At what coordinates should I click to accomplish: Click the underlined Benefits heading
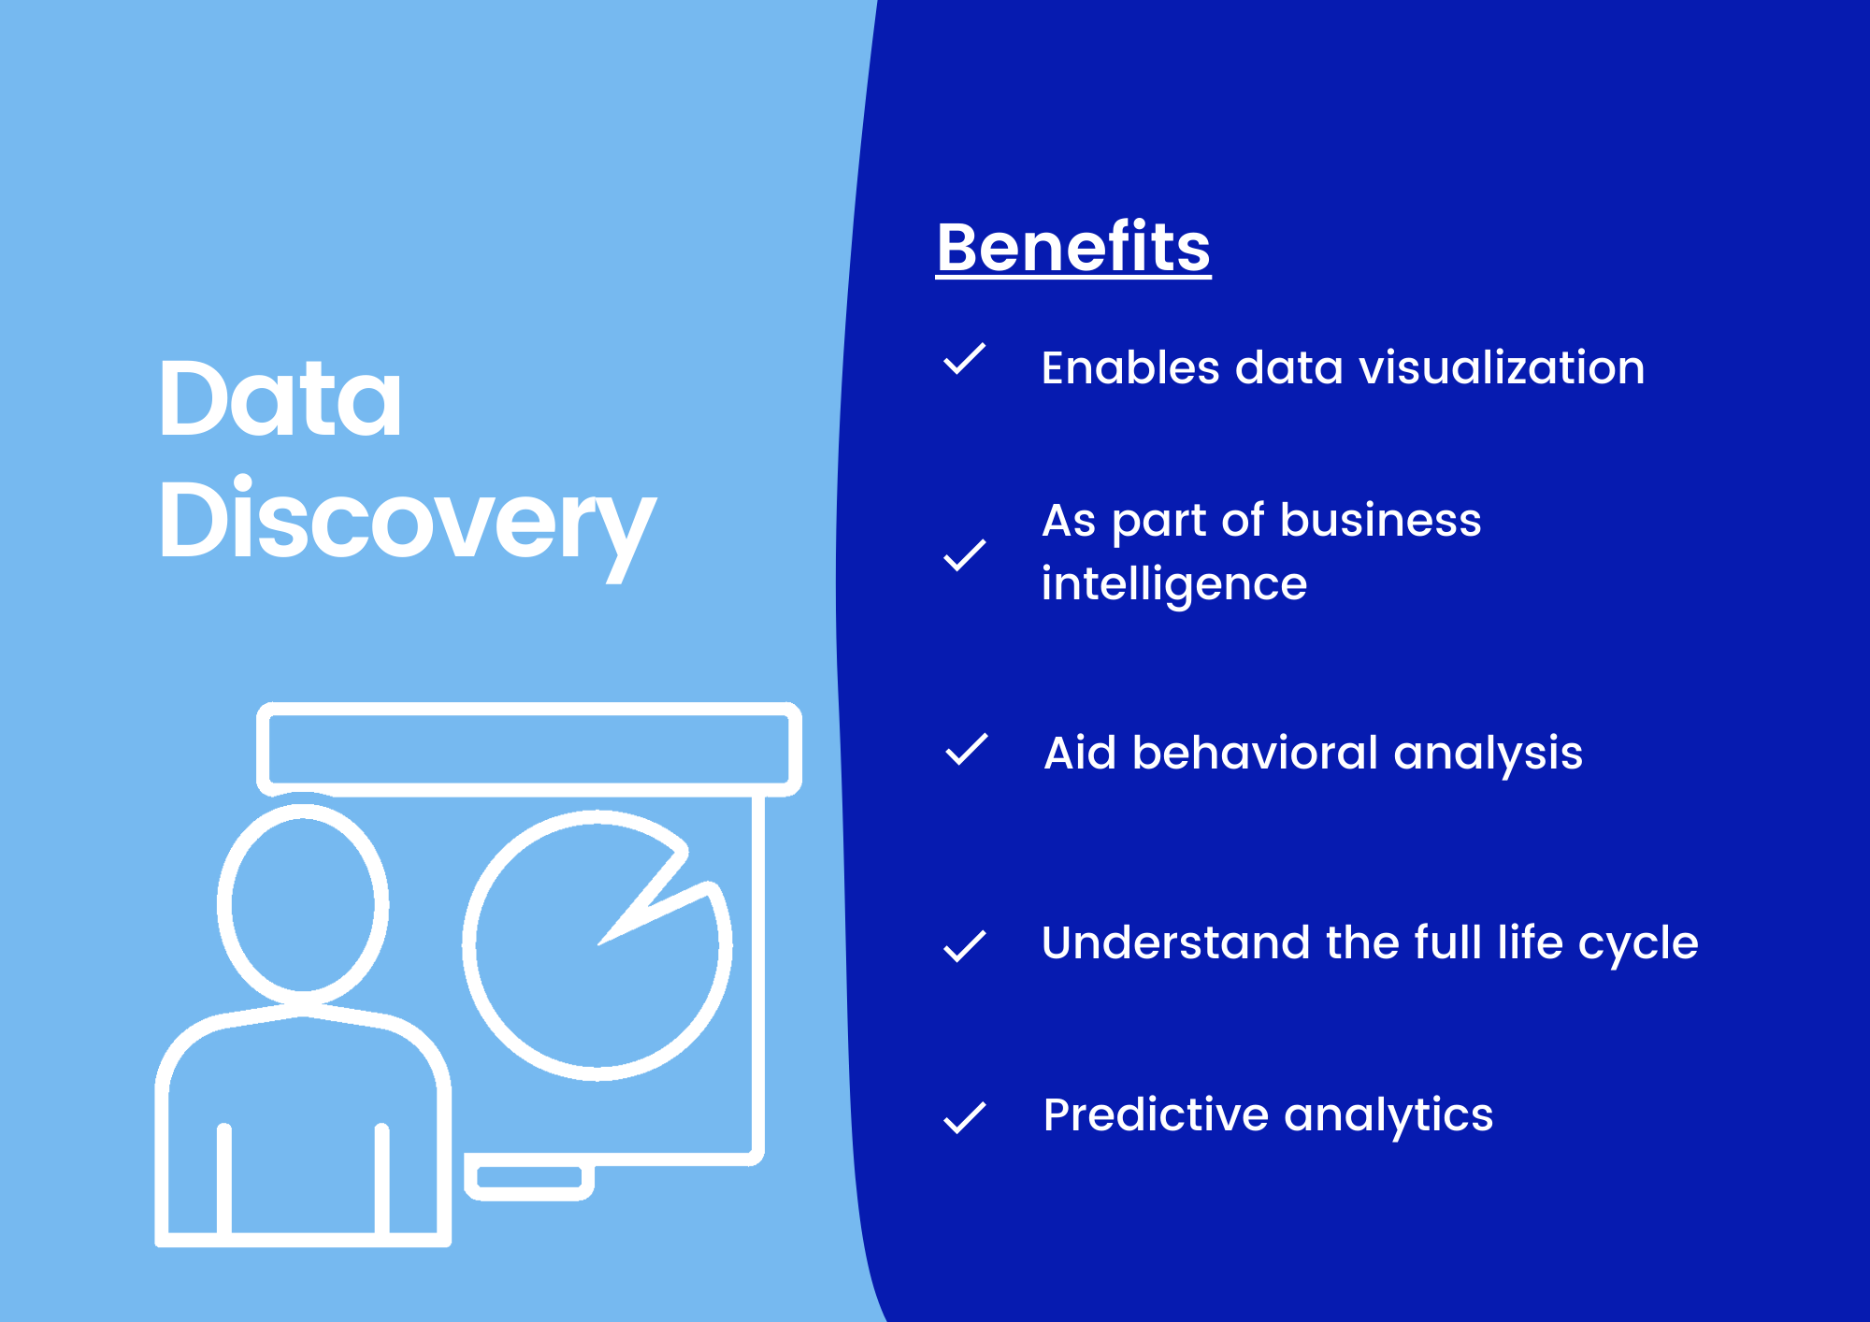[x=1073, y=248]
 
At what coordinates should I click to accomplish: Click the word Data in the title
[x=280, y=400]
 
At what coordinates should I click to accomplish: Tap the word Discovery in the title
[x=407, y=522]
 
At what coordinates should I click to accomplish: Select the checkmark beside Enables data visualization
[x=965, y=360]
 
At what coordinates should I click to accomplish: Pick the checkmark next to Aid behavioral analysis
[x=966, y=750]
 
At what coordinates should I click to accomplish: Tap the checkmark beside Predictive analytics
[x=965, y=1116]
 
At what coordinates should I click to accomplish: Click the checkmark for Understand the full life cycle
[x=965, y=945]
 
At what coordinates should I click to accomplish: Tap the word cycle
[x=1638, y=943]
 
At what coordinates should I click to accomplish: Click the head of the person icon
[x=303, y=904]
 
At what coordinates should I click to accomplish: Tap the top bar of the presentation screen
[x=529, y=749]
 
